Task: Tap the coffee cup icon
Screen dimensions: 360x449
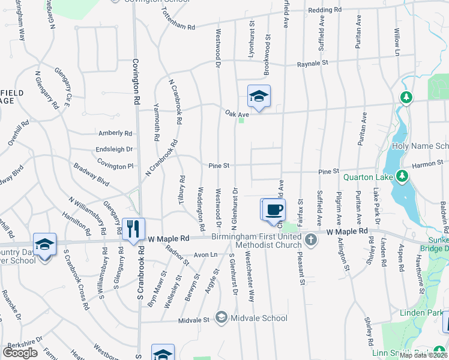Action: [274, 209]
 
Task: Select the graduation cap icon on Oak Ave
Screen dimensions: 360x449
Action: [259, 96]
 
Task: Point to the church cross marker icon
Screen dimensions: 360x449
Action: [310, 241]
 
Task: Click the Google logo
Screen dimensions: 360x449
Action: [20, 352]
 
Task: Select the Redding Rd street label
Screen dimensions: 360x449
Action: [324, 10]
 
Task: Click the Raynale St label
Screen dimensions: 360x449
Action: [314, 62]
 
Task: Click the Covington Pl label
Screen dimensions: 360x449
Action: [109, 166]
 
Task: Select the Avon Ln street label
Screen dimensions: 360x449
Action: [205, 254]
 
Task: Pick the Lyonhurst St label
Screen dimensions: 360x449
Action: [252, 41]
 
